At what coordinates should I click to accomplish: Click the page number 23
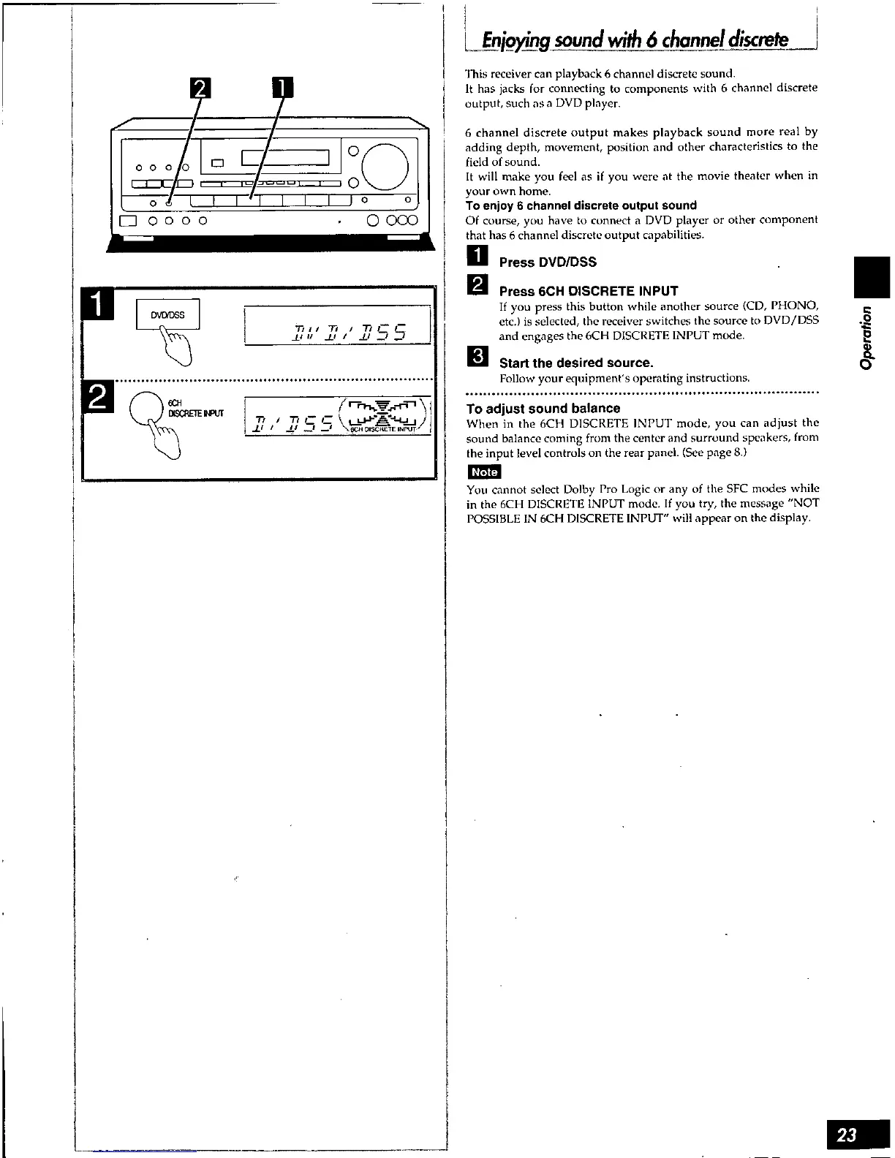click(x=848, y=1135)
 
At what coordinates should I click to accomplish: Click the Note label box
click(x=483, y=472)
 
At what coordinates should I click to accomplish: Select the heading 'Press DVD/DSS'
click(x=548, y=262)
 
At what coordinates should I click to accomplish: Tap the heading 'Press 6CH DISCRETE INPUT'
click(x=589, y=291)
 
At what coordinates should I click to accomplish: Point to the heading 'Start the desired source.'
click(x=576, y=363)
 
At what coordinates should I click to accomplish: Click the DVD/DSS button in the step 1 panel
click(x=167, y=315)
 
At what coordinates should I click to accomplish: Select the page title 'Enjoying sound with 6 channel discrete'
click(x=634, y=39)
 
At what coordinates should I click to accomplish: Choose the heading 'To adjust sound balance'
click(x=543, y=409)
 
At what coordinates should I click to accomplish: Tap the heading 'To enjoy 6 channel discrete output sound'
click(x=581, y=205)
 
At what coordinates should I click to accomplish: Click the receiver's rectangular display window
click(x=287, y=158)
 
